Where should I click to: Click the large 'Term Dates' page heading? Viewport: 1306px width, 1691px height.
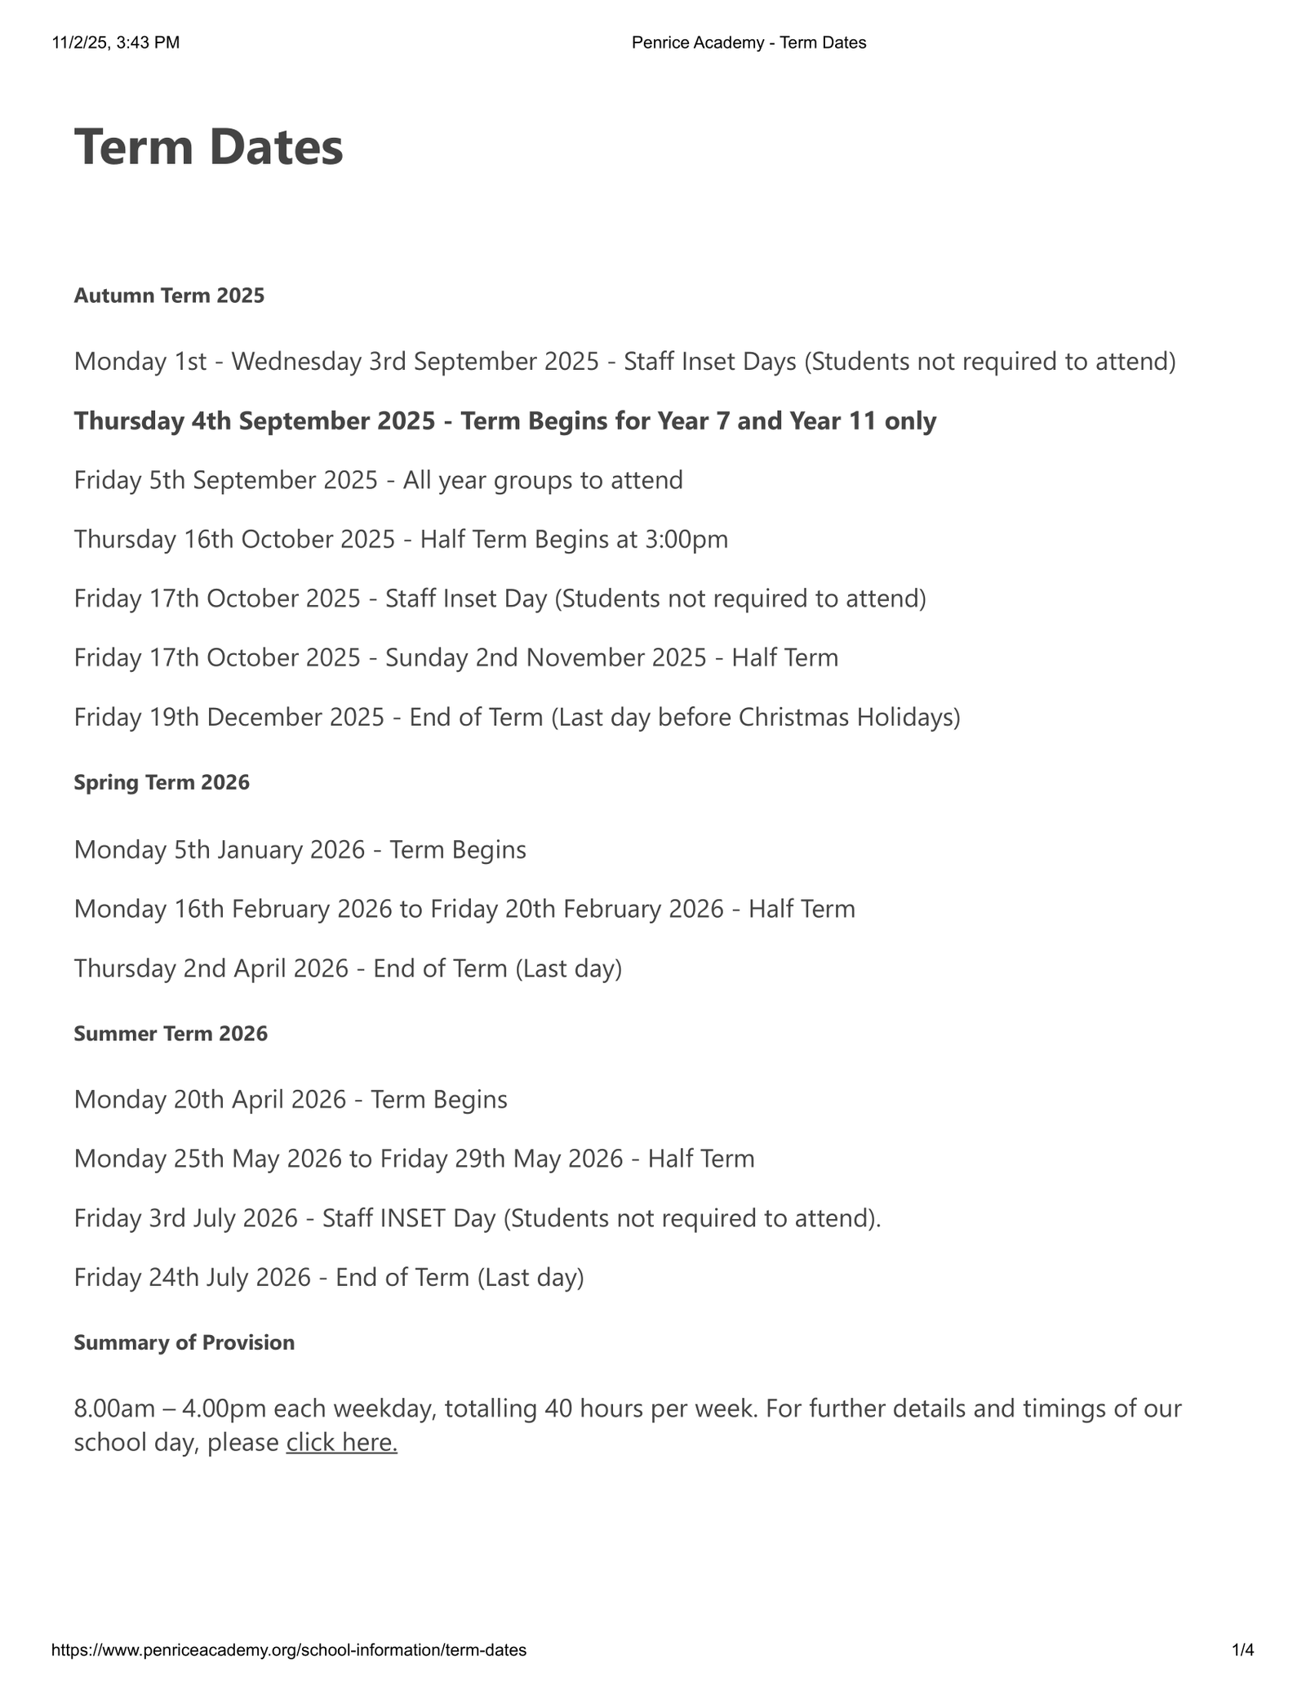208,148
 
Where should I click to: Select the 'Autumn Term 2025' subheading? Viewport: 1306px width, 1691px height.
169,296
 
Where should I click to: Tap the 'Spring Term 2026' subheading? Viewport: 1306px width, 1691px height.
162,782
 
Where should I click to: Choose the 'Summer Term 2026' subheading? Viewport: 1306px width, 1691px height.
171,1034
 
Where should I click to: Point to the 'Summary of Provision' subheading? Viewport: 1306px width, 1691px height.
184,1342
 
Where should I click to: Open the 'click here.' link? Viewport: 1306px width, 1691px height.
341,1443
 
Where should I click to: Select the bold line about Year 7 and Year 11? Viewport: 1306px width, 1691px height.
504,421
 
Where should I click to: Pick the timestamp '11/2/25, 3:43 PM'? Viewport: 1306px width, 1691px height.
116,43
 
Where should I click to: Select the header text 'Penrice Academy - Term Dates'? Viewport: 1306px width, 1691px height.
749,43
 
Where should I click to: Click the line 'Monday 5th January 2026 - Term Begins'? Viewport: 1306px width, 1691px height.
300,850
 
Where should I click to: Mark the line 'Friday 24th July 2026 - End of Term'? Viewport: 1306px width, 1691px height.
328,1277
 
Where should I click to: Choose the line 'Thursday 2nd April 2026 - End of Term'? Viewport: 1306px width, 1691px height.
348,968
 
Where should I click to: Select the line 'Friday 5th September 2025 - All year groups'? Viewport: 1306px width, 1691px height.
378,480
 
